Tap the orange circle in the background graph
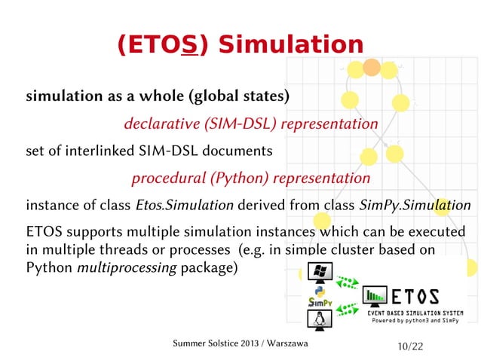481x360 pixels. (x=371, y=68)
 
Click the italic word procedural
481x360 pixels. (x=163, y=178)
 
